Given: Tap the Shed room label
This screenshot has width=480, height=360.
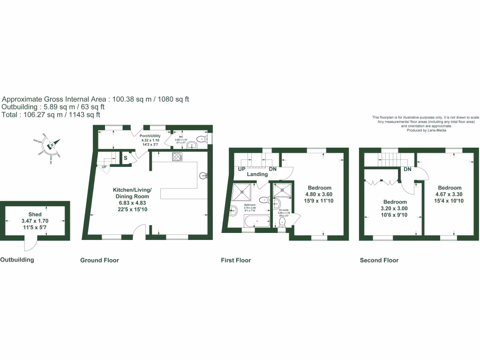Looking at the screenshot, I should [x=35, y=214].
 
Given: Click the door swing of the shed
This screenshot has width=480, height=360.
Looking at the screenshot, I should [x=29, y=244].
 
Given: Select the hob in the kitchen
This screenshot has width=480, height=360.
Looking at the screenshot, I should [x=177, y=157].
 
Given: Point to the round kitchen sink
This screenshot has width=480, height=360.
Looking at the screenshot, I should [x=203, y=176].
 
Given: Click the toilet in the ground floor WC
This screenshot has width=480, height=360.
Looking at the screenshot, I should [x=202, y=139].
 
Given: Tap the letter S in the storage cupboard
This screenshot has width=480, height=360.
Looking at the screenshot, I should [x=126, y=158].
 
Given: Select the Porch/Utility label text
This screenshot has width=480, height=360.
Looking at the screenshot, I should [x=150, y=136].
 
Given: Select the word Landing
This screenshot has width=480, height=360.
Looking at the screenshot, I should [x=257, y=174].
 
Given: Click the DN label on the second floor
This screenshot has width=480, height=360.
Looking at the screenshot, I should [x=407, y=169].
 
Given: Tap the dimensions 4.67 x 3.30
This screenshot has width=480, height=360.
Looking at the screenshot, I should [x=450, y=194].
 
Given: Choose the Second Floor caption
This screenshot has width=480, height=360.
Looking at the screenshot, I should [x=379, y=260].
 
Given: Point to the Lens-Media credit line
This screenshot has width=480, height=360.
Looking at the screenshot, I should [x=426, y=130].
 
